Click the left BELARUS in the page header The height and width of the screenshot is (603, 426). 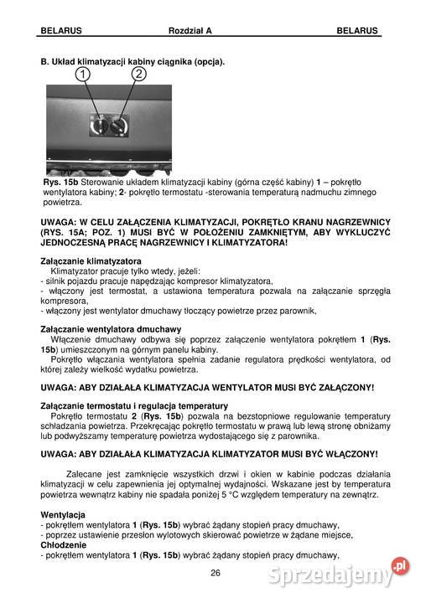point(61,30)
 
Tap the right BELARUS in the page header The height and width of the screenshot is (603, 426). point(357,30)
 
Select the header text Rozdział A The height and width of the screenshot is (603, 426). point(190,30)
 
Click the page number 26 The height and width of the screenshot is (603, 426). point(215,573)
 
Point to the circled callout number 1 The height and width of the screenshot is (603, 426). point(84,75)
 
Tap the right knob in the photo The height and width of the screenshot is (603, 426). point(121,126)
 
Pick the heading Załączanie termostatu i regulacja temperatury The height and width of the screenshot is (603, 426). point(134,405)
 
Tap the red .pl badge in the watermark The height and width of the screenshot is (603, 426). point(401,566)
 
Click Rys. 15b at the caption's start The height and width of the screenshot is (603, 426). point(60,183)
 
